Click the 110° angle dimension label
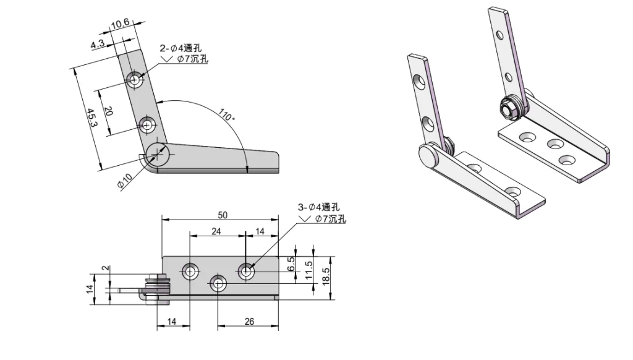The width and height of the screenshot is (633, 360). point(227,116)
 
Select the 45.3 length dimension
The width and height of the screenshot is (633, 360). point(91,118)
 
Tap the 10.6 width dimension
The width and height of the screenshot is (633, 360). point(120,25)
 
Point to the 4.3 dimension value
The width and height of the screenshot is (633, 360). point(98,45)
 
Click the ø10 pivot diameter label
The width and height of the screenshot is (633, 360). point(125,180)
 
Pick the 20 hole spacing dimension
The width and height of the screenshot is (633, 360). point(108,111)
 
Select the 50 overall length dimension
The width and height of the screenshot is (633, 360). point(223,215)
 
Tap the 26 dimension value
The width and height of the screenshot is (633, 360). point(249,322)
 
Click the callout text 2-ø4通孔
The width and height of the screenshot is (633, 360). point(181,48)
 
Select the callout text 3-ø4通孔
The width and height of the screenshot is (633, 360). point(318,207)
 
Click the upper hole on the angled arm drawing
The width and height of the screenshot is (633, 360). point(135,79)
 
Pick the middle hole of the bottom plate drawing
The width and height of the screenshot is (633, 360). point(218,283)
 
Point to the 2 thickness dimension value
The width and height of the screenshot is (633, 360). point(106,268)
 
